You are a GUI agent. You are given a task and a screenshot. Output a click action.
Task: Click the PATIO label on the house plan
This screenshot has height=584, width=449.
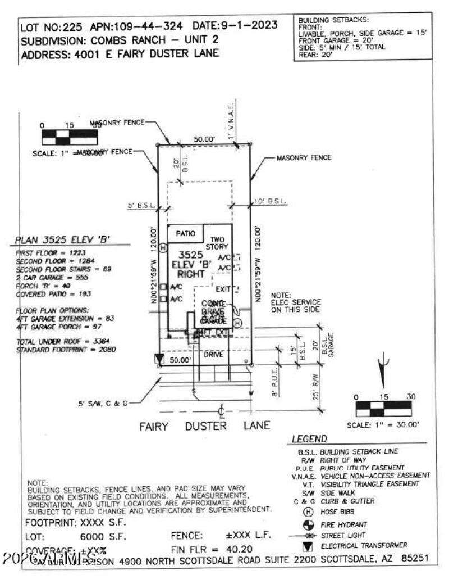pos(185,233)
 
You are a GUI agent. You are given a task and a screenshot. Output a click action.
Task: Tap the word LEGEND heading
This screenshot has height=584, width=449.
pos(310,438)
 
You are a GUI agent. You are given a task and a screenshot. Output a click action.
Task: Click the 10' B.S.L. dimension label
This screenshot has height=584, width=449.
pos(271,201)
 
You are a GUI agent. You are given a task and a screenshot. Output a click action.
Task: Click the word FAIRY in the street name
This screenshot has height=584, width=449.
pos(154,426)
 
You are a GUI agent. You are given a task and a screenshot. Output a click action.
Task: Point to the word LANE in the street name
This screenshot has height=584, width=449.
pos(256,426)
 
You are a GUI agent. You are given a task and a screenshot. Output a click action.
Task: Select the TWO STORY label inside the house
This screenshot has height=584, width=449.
pos(217,243)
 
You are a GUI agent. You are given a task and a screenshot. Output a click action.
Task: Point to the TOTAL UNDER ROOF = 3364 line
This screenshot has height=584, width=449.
pos(63,342)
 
